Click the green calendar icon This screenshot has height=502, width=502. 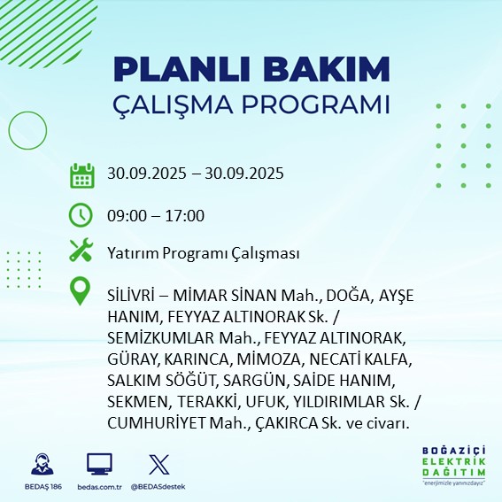coord(81,175)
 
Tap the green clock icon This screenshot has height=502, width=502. coord(81,215)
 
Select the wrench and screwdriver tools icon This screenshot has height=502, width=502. coord(81,251)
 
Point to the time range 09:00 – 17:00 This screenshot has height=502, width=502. coord(155,216)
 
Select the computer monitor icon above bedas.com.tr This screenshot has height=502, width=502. coord(99,464)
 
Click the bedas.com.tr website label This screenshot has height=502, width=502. coord(99,487)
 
